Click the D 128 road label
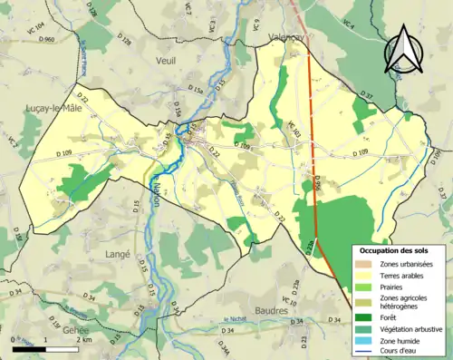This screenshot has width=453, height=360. [x=125, y=42]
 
